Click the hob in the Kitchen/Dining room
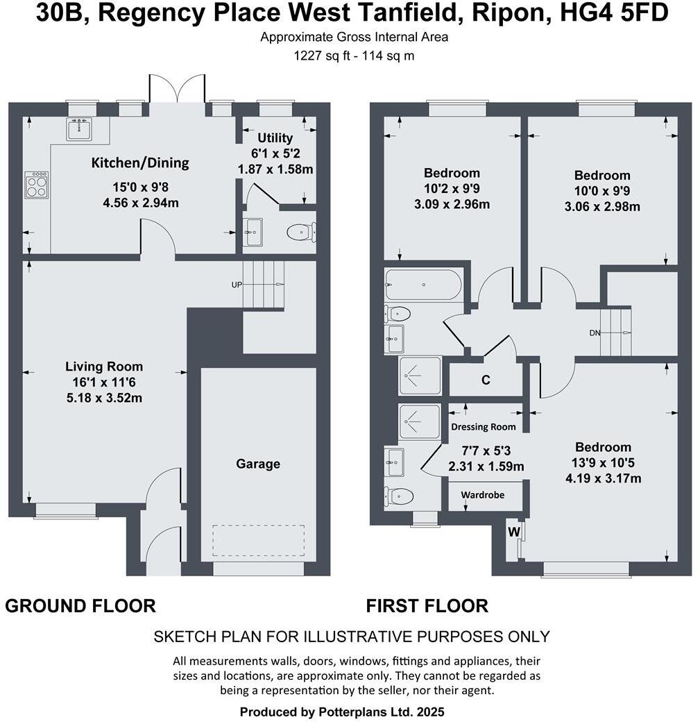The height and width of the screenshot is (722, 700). pyautogui.click(x=37, y=185)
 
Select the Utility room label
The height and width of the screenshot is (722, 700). pyautogui.click(x=275, y=138)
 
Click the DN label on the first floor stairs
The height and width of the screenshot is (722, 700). pyautogui.click(x=595, y=333)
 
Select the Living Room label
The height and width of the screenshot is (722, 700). pyautogui.click(x=104, y=367)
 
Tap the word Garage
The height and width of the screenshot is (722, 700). pyautogui.click(x=258, y=464)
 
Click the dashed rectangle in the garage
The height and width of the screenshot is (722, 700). pyautogui.click(x=258, y=541)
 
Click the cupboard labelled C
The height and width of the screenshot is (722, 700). pyautogui.click(x=486, y=380)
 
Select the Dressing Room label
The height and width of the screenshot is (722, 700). pyautogui.click(x=484, y=427)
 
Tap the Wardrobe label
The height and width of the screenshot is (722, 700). pyautogui.click(x=483, y=495)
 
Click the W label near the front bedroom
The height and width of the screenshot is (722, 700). pyautogui.click(x=513, y=532)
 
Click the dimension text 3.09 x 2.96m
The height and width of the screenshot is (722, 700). pyautogui.click(x=452, y=204)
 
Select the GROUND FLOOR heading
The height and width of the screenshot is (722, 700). pyautogui.click(x=80, y=606)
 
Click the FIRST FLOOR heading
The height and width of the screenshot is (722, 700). pyautogui.click(x=427, y=606)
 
